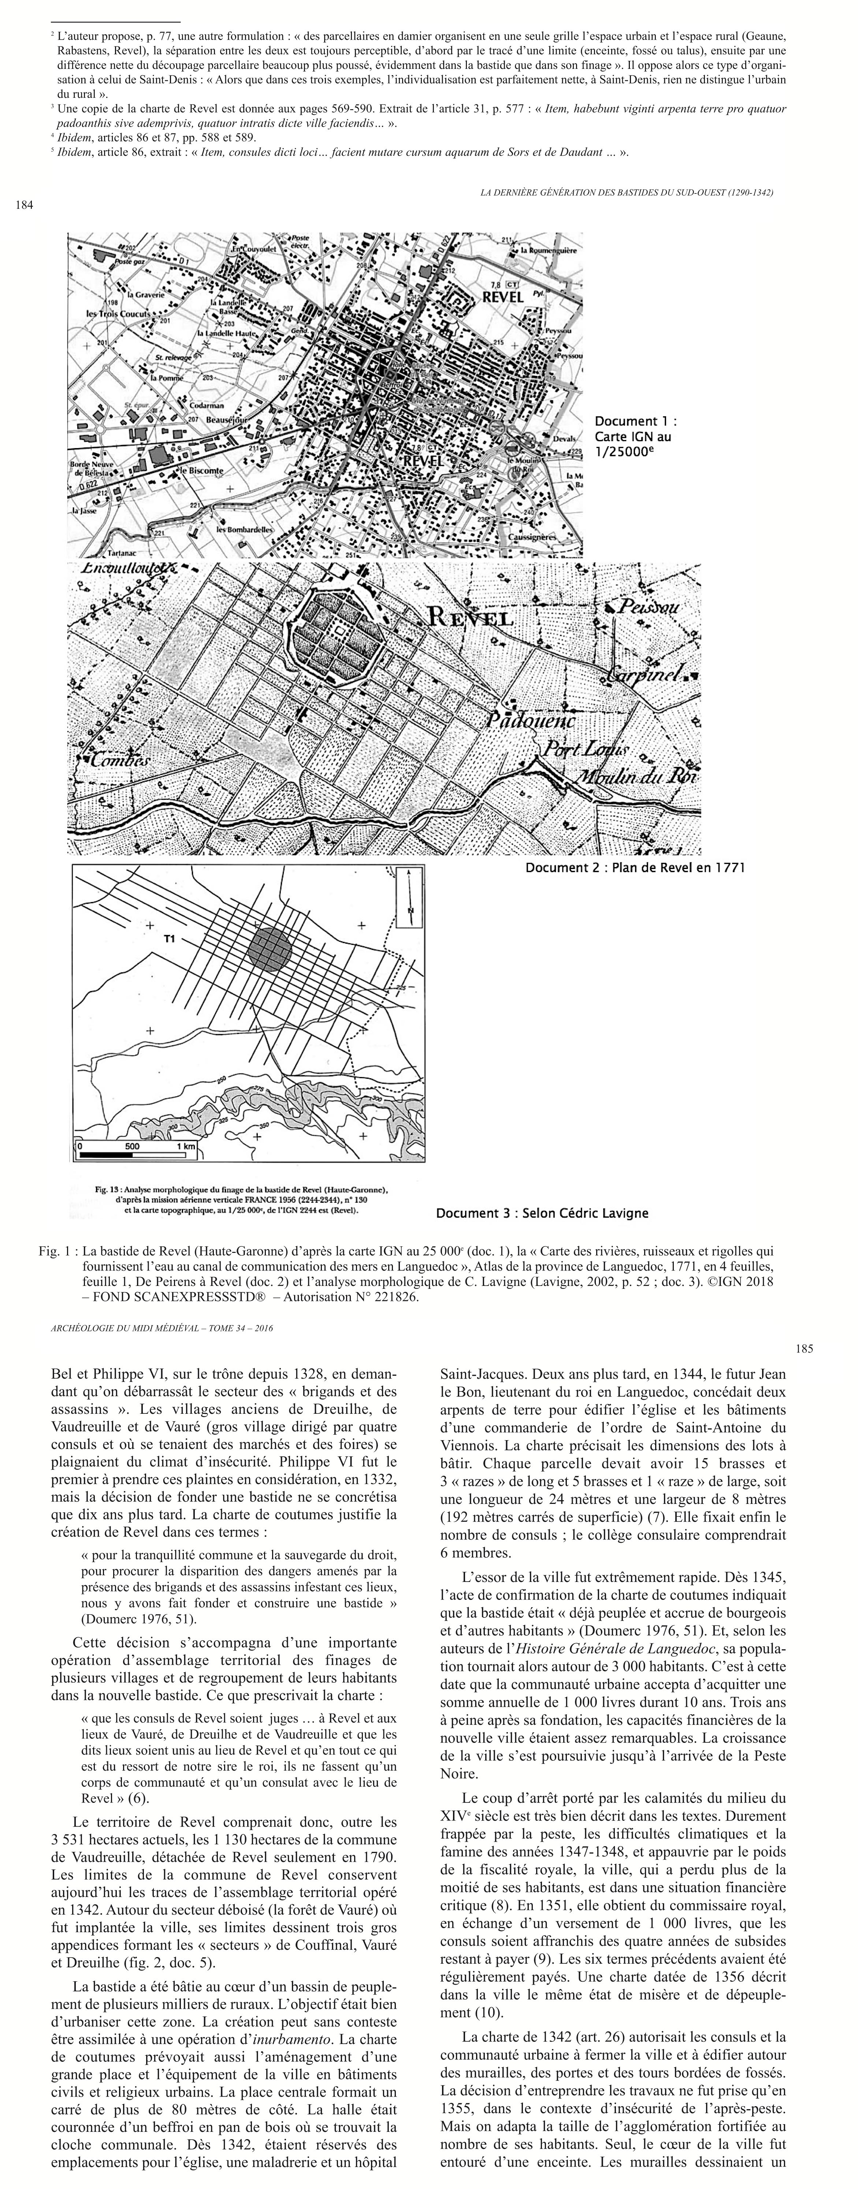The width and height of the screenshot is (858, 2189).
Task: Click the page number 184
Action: point(24,205)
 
